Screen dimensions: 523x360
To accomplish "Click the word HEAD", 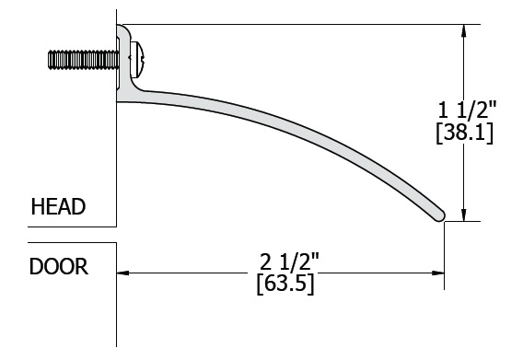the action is [x=58, y=206].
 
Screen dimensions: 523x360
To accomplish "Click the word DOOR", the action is [x=59, y=267].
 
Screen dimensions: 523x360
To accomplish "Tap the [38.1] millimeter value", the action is [x=464, y=134].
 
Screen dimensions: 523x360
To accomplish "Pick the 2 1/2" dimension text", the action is [x=289, y=261].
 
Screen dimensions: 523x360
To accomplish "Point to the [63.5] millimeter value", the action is [x=285, y=285].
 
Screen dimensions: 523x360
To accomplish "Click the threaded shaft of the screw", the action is [x=83, y=60].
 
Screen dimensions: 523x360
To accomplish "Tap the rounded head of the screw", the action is [x=138, y=60].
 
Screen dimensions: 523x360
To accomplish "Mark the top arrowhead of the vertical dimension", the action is [x=464, y=30].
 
